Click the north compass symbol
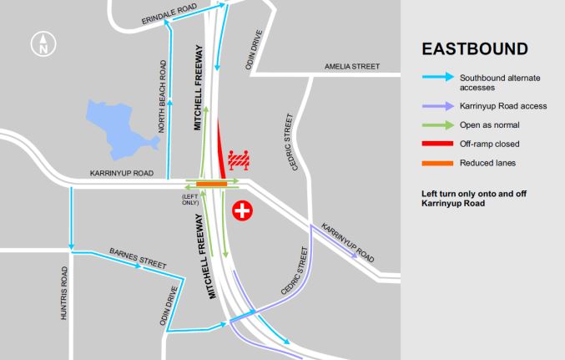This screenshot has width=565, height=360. coord(41,44)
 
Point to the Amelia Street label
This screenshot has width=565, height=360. coord(353,66)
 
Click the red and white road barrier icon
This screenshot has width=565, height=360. coord(241,156)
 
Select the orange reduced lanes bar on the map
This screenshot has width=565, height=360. coord(211,183)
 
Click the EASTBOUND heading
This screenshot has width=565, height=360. coord(474,48)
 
